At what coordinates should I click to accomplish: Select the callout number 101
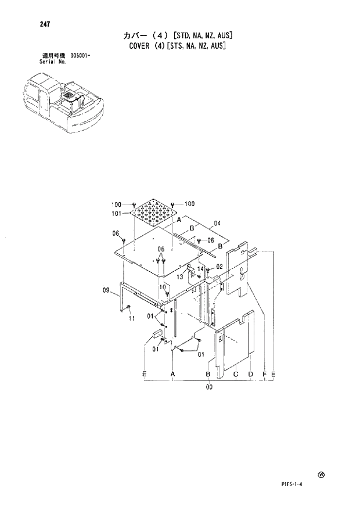click(116, 214)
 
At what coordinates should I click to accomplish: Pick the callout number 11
click(132, 319)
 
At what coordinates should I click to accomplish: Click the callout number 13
click(181, 278)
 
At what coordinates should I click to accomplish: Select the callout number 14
click(200, 269)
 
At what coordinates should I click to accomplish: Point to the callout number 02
click(219, 267)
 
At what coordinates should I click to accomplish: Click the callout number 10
click(163, 286)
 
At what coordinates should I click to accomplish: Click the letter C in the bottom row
click(236, 374)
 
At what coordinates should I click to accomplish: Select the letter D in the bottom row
click(250, 374)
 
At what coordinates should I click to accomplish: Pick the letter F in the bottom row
click(265, 374)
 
